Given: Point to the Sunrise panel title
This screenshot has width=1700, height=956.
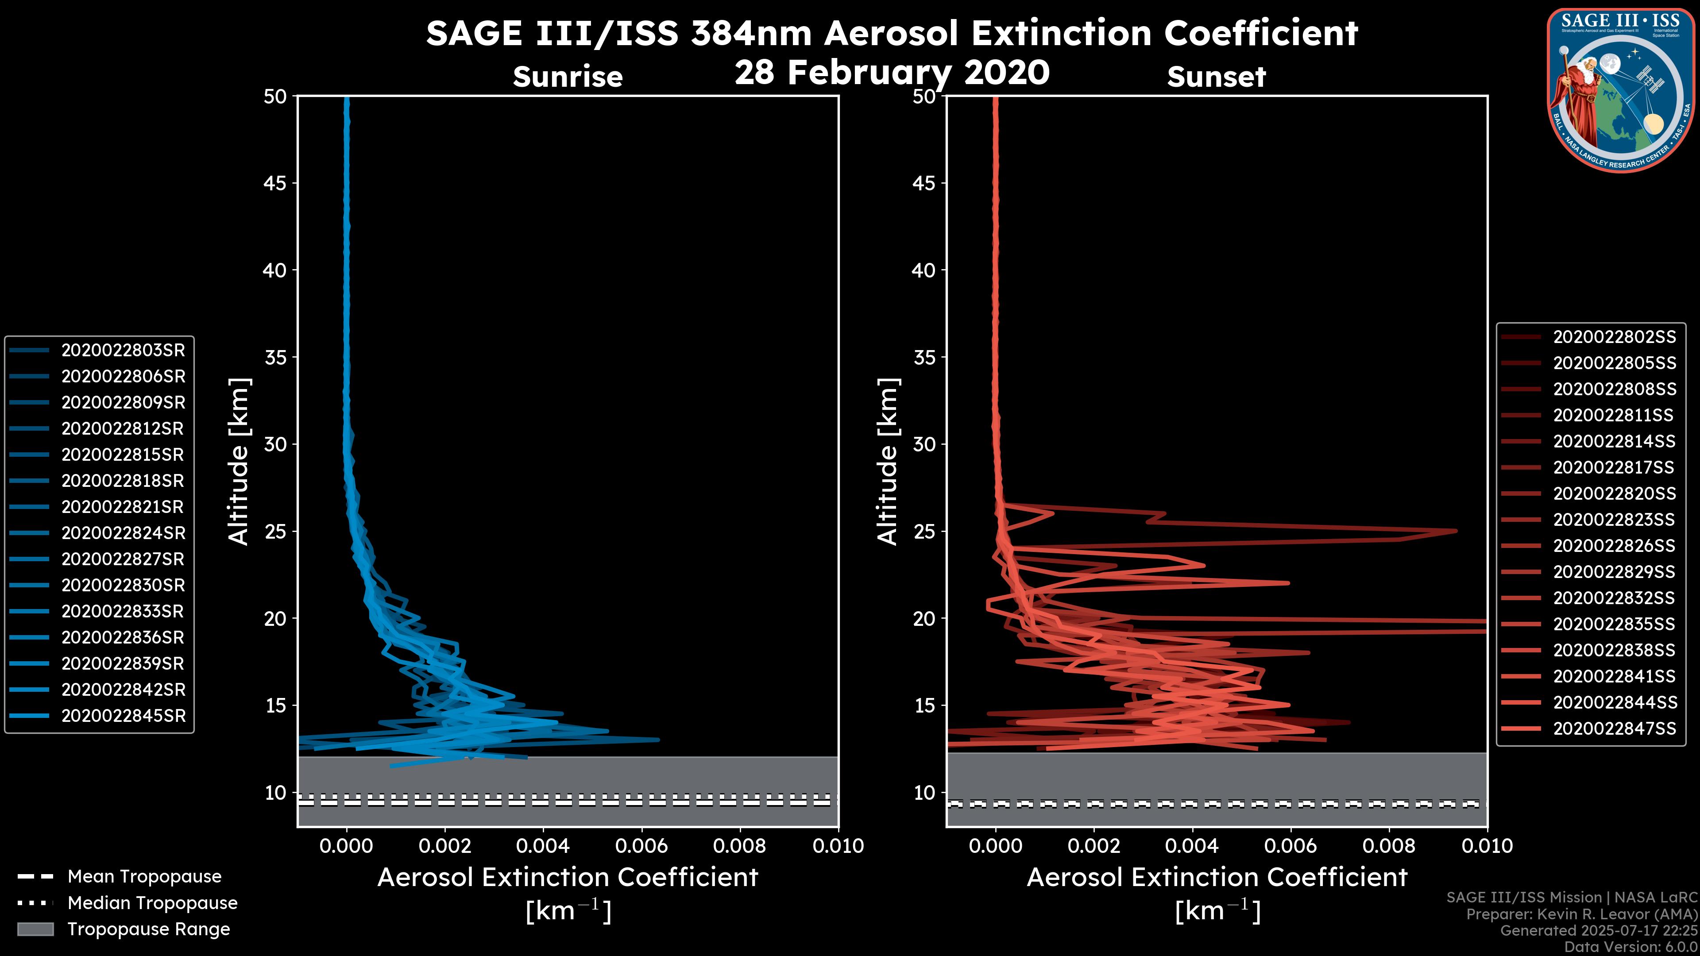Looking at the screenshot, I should tap(568, 77).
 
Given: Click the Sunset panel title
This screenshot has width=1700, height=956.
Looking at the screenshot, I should tap(1216, 77).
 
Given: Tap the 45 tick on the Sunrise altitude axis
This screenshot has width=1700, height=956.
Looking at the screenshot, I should tap(275, 183).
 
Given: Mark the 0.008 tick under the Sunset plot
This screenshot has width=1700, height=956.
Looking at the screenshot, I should tap(1389, 846).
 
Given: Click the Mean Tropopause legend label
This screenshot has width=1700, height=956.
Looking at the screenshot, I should tap(144, 877).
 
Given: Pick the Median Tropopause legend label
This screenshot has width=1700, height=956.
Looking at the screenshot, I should tap(152, 903).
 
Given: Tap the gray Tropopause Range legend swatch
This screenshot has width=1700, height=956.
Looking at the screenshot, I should tap(35, 929).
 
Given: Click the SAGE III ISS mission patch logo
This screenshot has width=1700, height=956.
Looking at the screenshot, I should tap(1619, 90).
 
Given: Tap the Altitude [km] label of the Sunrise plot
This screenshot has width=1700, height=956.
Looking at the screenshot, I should tap(238, 461).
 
